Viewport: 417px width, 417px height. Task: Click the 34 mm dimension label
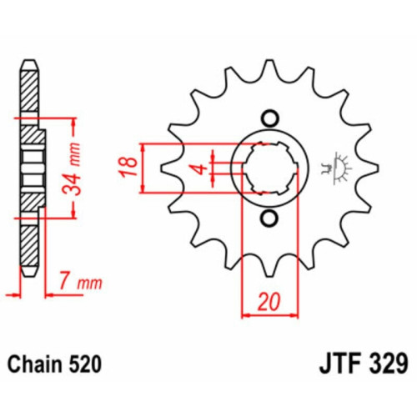point(72,168)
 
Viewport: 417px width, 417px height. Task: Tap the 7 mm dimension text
point(81,283)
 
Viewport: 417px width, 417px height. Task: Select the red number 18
point(128,167)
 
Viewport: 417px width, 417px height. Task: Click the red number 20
point(269,302)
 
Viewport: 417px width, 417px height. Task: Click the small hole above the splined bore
point(269,118)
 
